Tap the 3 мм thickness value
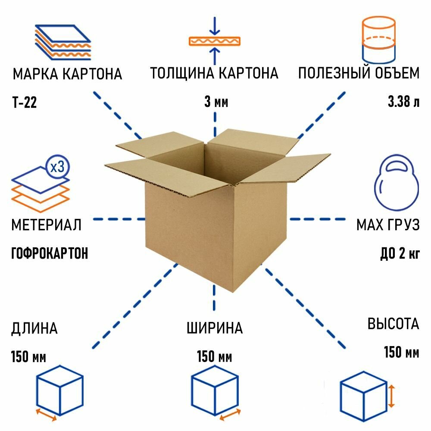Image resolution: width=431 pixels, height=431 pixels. click(x=215, y=103)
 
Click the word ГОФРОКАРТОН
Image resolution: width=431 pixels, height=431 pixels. click(x=49, y=253)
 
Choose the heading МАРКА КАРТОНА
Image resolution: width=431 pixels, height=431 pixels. click(x=67, y=74)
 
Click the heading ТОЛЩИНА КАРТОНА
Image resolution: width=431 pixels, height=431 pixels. click(x=214, y=73)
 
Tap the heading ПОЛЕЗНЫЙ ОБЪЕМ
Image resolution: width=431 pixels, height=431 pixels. click(x=359, y=73)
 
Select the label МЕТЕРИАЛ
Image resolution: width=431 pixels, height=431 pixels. click(x=46, y=225)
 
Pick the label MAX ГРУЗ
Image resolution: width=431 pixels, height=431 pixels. click(x=387, y=225)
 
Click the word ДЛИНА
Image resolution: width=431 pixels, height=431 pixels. click(x=34, y=328)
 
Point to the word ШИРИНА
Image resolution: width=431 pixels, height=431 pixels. click(x=215, y=328)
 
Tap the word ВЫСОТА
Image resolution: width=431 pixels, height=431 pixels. click(x=393, y=324)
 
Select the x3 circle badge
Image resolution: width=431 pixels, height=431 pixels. click(x=57, y=167)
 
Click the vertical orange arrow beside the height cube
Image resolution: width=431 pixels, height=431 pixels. click(x=391, y=397)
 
